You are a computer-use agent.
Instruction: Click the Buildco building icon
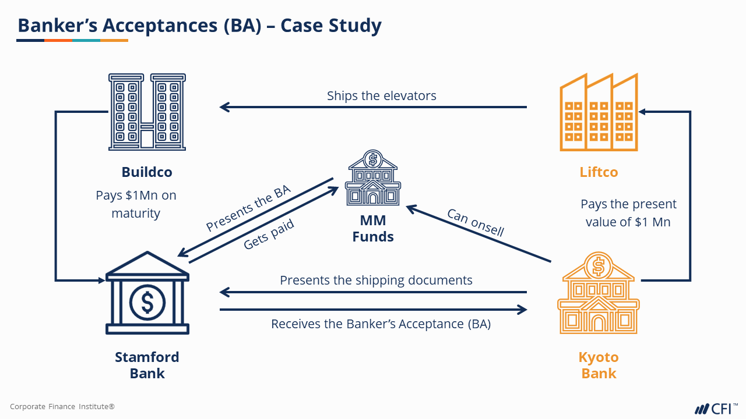pyautogui.click(x=147, y=112)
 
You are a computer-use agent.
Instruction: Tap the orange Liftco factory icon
pyautogui.click(x=599, y=113)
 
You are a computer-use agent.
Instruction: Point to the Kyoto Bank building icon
pyautogui.click(x=598, y=297)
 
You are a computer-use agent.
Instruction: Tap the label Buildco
pyautogui.click(x=147, y=172)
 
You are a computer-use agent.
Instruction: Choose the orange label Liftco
pyautogui.click(x=599, y=172)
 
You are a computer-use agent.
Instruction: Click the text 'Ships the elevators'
pyautogui.click(x=381, y=96)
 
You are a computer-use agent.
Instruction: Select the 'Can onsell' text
pyautogui.click(x=475, y=222)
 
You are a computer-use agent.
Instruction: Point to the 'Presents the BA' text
pyautogui.click(x=248, y=208)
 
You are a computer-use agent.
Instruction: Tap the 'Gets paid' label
pyautogui.click(x=269, y=235)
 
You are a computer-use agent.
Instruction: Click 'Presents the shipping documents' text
pyautogui.click(x=376, y=280)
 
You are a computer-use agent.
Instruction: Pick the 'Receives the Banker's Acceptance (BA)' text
pyautogui.click(x=381, y=324)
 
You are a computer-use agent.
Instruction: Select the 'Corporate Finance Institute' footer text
pyautogui.click(x=62, y=407)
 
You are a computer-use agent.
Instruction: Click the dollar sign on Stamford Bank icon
pyautogui.click(x=147, y=301)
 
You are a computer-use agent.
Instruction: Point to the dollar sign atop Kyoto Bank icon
pyautogui.click(x=598, y=266)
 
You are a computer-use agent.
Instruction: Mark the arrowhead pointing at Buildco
pyautogui.click(x=224, y=107)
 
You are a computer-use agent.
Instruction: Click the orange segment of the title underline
pyautogui.click(x=58, y=40)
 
